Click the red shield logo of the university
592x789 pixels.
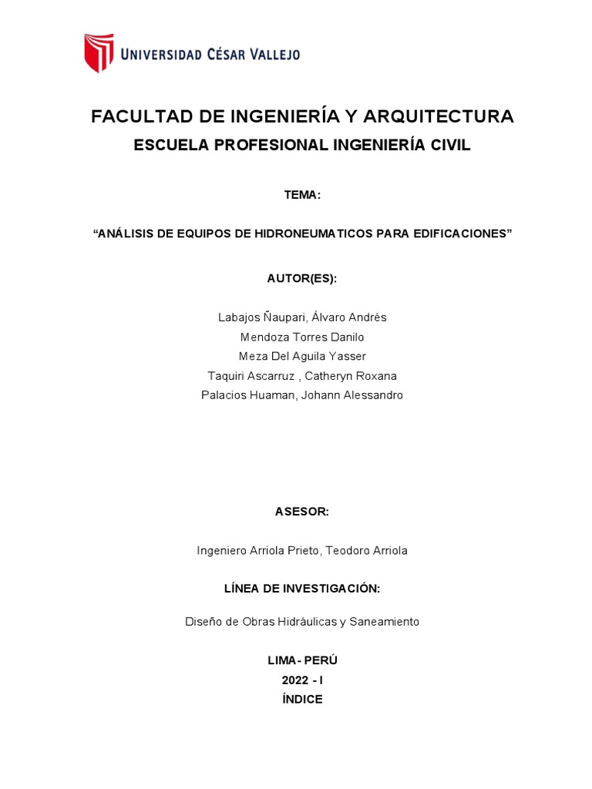pos(99,52)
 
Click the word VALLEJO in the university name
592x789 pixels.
pos(273,54)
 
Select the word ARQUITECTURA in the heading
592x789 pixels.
pos(438,116)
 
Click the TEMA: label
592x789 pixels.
pos(302,195)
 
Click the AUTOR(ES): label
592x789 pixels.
pos(302,278)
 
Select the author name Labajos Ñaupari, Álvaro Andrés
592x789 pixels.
pos(302,317)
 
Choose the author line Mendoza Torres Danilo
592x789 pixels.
pos(302,337)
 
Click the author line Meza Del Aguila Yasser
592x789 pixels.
pos(302,356)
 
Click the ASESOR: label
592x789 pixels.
pos(302,512)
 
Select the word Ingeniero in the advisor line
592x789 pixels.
pos(222,550)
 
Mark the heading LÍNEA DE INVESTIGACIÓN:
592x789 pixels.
pos(302,589)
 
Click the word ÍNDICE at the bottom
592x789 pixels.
pos(302,700)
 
